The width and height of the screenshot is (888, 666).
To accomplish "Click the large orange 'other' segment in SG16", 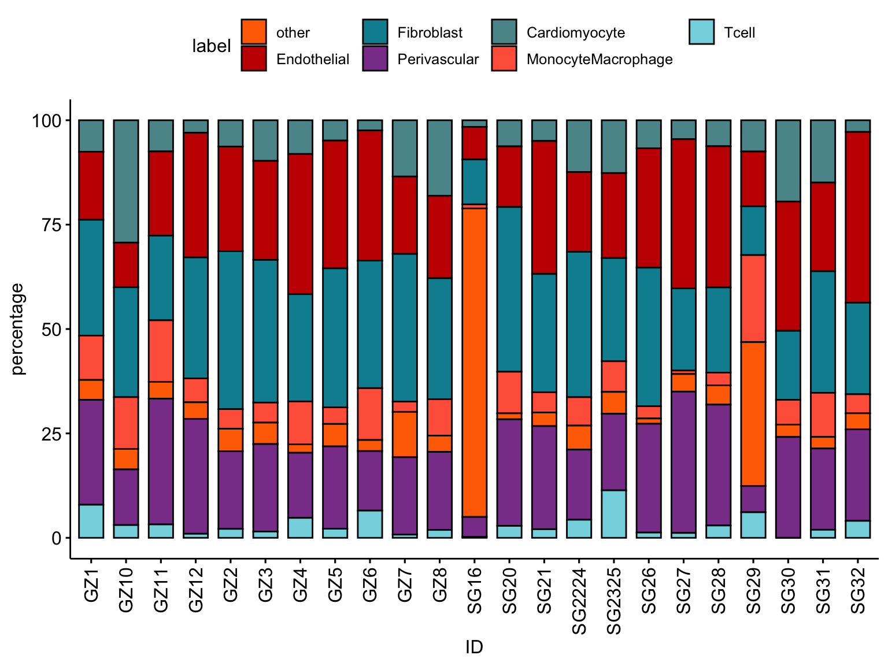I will pyautogui.click(x=475, y=362).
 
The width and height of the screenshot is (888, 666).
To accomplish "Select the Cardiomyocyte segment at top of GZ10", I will pyautogui.click(x=126, y=181).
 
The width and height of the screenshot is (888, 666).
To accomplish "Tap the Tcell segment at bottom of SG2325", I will pyautogui.click(x=614, y=514).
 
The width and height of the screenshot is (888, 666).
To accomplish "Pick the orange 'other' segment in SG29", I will pyautogui.click(x=753, y=414).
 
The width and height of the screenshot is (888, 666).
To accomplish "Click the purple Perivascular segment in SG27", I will pyautogui.click(x=684, y=462).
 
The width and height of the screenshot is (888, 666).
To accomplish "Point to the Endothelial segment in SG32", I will pyautogui.click(x=858, y=217).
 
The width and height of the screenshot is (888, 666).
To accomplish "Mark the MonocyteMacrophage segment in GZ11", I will pyautogui.click(x=161, y=351).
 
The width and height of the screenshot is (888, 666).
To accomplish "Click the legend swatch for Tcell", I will pyautogui.click(x=703, y=32).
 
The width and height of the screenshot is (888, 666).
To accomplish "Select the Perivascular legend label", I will pyautogui.click(x=438, y=60).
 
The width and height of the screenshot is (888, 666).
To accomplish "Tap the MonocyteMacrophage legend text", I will pyautogui.click(x=600, y=60).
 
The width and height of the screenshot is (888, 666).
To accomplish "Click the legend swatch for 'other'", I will pyautogui.click(x=254, y=32).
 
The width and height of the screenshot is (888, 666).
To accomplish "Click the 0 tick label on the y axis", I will pyautogui.click(x=57, y=538).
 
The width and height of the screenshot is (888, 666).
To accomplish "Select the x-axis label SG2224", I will pyautogui.click(x=579, y=601).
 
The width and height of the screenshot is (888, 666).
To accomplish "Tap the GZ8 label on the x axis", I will pyautogui.click(x=440, y=585).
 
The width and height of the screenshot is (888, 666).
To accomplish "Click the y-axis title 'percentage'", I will pyautogui.click(x=18, y=329).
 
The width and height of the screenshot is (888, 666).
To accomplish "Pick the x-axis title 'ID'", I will pyautogui.click(x=474, y=647).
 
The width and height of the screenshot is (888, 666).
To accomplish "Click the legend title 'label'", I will pyautogui.click(x=211, y=46).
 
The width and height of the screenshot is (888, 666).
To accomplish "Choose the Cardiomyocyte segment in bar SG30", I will pyautogui.click(x=788, y=161).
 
